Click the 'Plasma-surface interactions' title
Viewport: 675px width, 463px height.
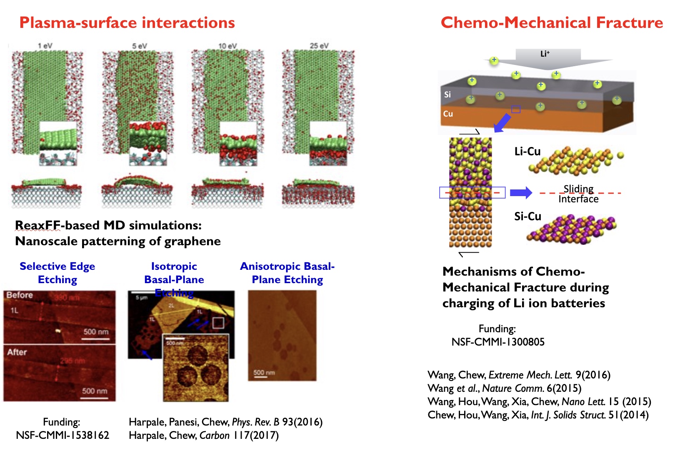coord(127,22)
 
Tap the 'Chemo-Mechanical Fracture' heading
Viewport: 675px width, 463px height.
coord(552,22)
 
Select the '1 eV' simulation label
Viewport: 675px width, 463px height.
coord(45,45)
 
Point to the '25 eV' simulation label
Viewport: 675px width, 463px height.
coord(319,45)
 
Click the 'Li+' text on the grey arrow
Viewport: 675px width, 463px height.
coord(545,54)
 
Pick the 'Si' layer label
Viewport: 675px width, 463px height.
coord(447,95)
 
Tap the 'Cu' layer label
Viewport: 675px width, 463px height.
coord(448,114)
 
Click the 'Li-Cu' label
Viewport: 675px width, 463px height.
coord(527,152)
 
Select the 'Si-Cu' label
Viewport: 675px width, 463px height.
coord(527,217)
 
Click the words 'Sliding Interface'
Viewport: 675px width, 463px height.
coord(578,194)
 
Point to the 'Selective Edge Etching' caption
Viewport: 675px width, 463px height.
coord(57,273)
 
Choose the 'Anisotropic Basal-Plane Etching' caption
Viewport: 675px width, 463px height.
coord(287,273)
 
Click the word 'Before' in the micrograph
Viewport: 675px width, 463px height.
coord(20,295)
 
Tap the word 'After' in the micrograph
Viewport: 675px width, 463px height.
coord(17,352)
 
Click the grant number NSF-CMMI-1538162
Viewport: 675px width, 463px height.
coord(62,435)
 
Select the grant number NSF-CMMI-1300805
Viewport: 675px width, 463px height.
coord(498,342)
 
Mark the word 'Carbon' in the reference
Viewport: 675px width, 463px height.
coord(215,435)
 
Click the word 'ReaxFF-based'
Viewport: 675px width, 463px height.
coord(38,225)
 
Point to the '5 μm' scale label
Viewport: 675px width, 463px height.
coord(141,298)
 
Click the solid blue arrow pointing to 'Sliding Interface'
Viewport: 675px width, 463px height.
coord(521,192)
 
